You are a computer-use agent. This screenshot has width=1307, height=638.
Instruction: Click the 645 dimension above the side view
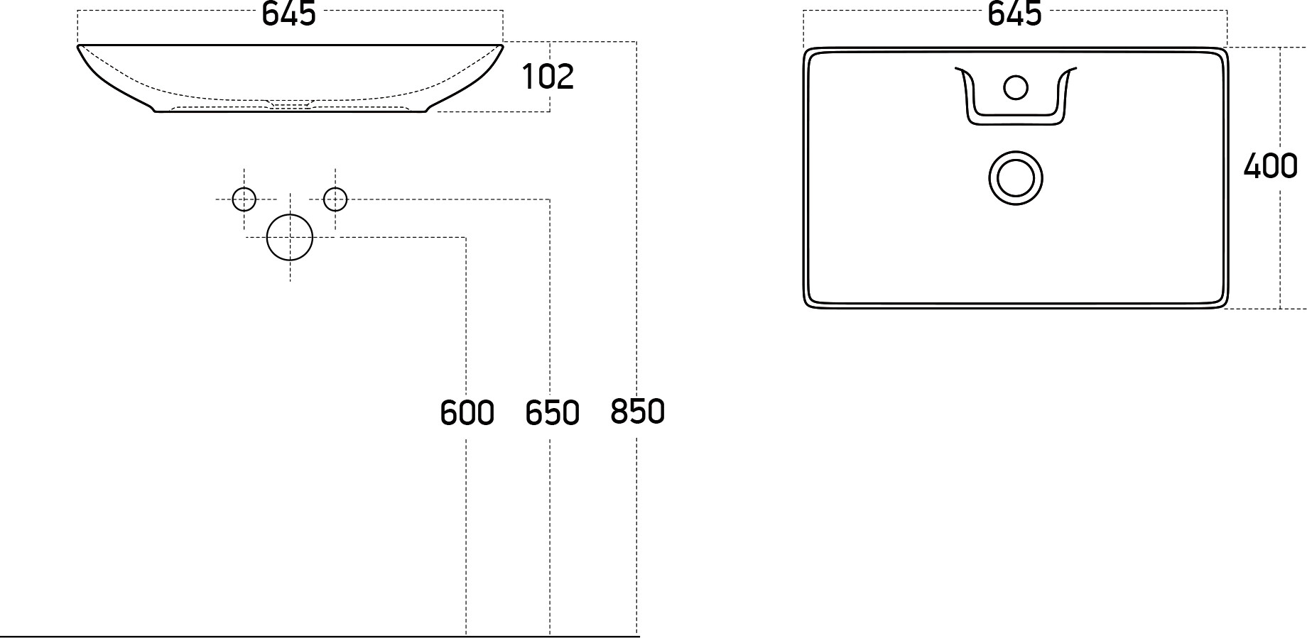coord(289,13)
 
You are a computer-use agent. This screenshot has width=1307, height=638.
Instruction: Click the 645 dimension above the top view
coord(1014,13)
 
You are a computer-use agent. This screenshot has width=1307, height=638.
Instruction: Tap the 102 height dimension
coord(548,77)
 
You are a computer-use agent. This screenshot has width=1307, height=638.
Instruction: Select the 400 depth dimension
coord(1270,166)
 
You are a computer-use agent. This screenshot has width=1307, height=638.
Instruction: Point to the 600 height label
coord(467,413)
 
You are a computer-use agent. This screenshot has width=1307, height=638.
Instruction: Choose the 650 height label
coord(552,413)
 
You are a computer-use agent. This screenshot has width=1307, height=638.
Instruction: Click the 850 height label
coord(637,412)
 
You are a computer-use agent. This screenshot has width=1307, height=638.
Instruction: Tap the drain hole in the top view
coord(1016,177)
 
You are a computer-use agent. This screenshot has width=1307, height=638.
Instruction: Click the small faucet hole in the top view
coord(1016,87)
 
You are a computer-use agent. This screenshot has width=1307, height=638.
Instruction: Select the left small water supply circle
coord(244,199)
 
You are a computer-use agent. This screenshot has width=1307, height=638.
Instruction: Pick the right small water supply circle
coord(335,199)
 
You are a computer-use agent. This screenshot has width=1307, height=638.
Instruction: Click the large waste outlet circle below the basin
coord(290,237)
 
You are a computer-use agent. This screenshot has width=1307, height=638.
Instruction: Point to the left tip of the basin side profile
coord(78,46)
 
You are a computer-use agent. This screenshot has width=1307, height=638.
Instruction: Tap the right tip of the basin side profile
coord(502,46)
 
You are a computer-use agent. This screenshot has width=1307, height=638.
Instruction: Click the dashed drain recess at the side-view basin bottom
coord(290,104)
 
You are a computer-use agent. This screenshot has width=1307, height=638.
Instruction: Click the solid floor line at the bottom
coord(320,636)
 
